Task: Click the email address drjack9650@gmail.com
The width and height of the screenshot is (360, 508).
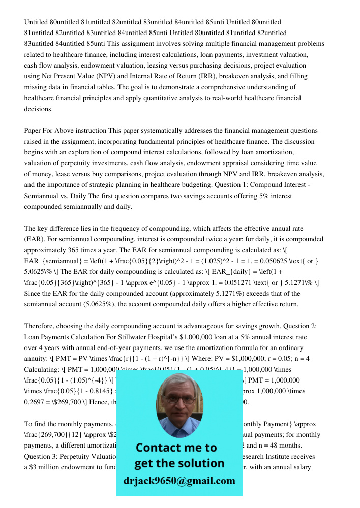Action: (179, 480)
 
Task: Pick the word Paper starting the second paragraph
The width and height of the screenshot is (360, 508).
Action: (33, 131)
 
